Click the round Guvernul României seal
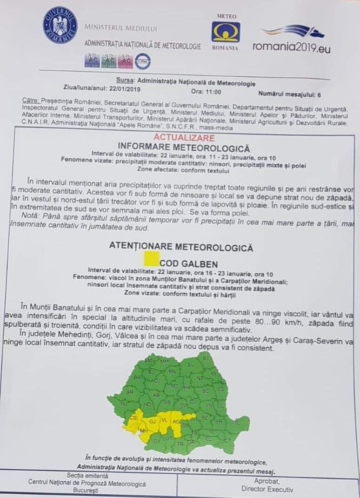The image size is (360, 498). click(x=60, y=25)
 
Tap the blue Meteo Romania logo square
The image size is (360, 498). click(x=226, y=32)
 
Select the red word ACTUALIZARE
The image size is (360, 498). click(x=184, y=138)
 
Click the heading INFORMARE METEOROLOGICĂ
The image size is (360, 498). click(x=185, y=148)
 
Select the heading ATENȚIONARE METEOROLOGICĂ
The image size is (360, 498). click(x=181, y=247)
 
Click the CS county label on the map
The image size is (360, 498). click(x=133, y=418)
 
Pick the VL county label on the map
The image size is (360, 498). click(x=163, y=420)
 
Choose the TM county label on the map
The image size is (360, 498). click(x=124, y=405)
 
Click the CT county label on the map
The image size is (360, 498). click(x=227, y=440)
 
